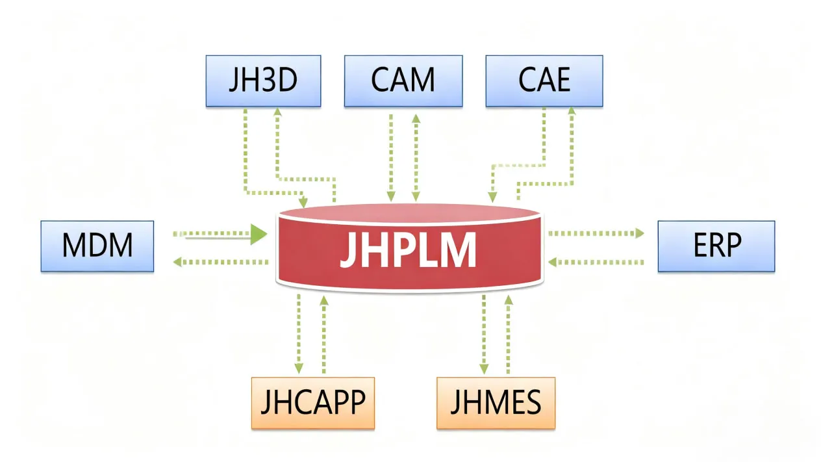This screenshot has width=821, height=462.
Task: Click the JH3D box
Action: point(263,81)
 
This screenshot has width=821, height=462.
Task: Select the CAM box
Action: point(403,81)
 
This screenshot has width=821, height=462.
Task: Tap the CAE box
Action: point(544,81)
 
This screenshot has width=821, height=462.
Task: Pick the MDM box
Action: point(97,246)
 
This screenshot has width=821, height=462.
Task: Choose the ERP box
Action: point(716,246)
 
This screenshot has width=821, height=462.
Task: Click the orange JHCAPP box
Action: point(312,403)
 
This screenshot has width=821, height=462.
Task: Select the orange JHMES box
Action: point(495,403)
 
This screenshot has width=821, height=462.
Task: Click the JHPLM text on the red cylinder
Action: point(408,250)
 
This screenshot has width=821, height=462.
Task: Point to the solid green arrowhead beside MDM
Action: point(259,234)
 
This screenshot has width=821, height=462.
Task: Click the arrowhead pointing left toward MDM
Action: point(176,262)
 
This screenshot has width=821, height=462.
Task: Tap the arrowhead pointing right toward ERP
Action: point(640,233)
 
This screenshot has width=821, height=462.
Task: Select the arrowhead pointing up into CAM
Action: point(416,119)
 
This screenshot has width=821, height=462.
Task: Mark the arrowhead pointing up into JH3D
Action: point(277,112)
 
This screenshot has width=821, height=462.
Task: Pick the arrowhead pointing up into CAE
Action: point(572,112)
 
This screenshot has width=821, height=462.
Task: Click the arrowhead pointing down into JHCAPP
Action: point(299,368)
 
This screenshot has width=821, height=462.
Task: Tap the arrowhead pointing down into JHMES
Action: point(484,368)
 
